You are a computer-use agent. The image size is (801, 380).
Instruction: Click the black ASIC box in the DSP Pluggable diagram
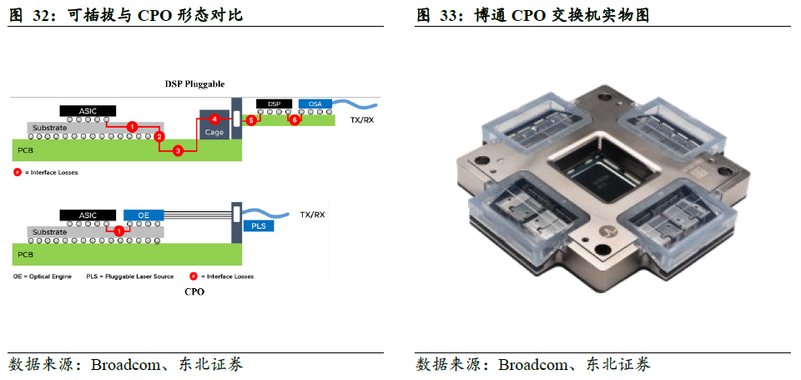tap(88, 110)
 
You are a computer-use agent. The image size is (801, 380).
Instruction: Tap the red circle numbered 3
tap(177, 150)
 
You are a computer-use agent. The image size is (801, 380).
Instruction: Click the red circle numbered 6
tap(293, 120)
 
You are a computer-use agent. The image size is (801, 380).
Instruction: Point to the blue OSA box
tap(315, 104)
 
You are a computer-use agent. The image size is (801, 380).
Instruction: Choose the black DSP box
tap(274, 104)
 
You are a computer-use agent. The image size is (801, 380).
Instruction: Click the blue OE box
tap(144, 215)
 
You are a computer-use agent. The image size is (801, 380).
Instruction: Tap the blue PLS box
tap(258, 225)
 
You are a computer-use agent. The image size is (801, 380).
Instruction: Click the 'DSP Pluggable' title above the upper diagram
tap(194, 84)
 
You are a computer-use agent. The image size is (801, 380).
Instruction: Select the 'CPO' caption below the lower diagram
tap(194, 291)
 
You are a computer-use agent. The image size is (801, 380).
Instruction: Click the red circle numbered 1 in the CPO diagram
tap(118, 231)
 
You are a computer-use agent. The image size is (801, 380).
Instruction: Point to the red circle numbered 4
tap(214, 119)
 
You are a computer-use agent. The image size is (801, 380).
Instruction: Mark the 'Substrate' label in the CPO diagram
tap(50, 231)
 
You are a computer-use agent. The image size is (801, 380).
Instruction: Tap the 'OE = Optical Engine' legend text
tap(43, 276)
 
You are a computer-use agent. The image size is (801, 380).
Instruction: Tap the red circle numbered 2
tap(159, 135)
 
